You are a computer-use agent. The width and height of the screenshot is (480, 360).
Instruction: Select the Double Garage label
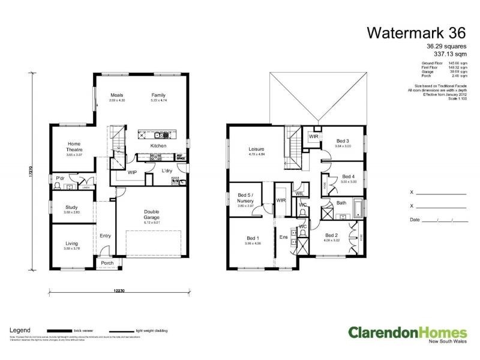click(151, 214)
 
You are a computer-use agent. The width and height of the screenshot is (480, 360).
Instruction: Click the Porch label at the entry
click(107, 263)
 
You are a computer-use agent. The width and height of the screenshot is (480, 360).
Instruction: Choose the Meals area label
click(116, 95)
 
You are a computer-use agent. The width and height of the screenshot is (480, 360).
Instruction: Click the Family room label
click(158, 95)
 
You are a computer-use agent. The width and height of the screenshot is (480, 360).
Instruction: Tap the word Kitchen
click(158, 146)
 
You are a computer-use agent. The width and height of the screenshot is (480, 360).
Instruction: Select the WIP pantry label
click(133, 172)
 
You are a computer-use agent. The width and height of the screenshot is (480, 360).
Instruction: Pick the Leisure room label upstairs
click(257, 149)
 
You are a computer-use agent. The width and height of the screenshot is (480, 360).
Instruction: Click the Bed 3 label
click(343, 141)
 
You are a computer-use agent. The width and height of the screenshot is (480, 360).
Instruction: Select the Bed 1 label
click(253, 238)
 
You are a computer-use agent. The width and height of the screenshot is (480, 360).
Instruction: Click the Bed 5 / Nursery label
click(246, 197)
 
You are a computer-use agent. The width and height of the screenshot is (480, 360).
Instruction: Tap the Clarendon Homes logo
click(407, 334)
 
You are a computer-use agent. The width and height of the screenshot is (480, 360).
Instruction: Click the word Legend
click(20, 330)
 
